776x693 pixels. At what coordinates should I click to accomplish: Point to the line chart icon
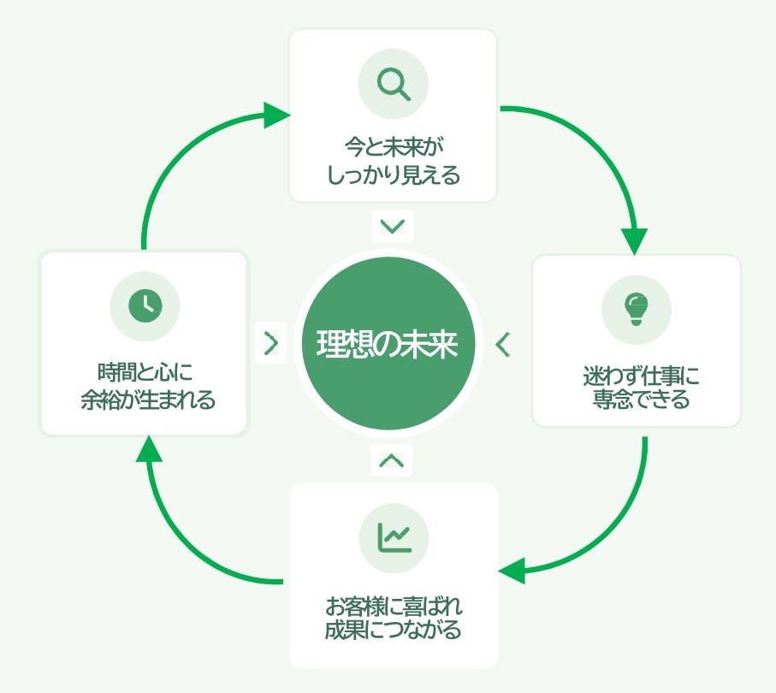(394, 538)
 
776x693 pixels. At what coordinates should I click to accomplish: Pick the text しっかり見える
(393, 175)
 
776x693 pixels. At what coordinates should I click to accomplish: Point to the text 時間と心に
(145, 374)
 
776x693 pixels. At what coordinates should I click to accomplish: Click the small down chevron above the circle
(393, 227)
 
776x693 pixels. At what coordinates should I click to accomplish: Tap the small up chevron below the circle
(392, 460)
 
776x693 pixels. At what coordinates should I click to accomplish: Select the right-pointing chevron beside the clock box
(271, 343)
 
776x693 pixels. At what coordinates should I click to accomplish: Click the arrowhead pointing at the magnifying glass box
(275, 115)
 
